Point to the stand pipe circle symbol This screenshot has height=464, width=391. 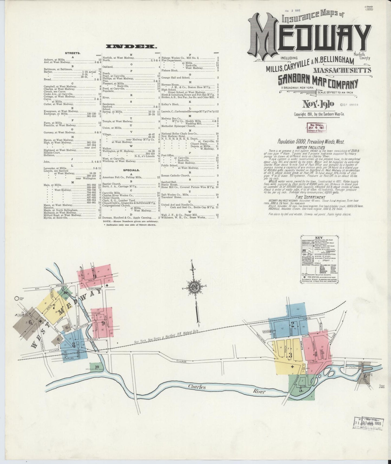click(17, 299)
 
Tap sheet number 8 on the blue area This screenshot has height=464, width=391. click(73, 345)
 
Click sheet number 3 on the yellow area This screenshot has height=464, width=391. click(290, 355)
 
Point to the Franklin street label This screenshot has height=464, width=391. click(43, 343)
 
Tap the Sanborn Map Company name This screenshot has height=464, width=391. click(318, 80)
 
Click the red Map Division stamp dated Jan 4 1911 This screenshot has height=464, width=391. click(316, 127)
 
